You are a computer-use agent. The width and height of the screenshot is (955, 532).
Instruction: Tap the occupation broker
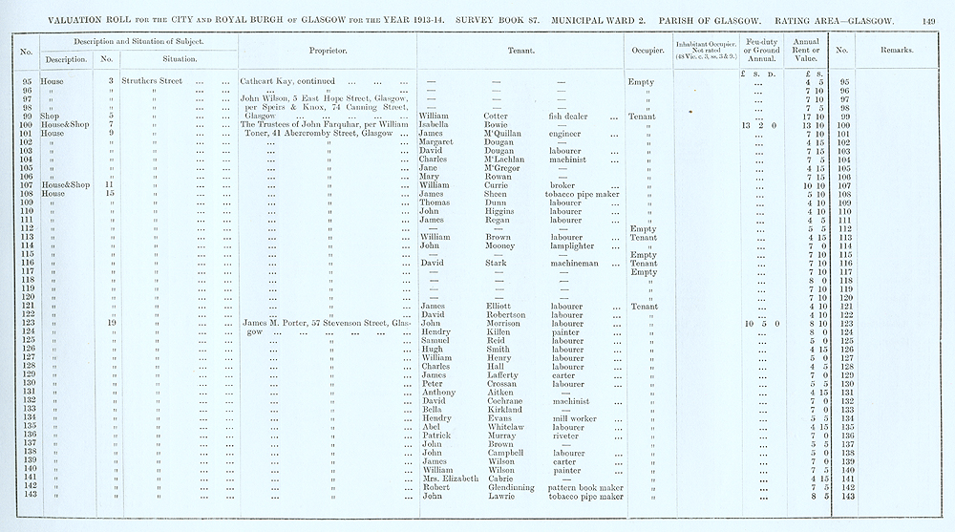(x=562, y=185)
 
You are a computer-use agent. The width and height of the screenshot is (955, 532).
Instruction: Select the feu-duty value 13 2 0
(x=758, y=124)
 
